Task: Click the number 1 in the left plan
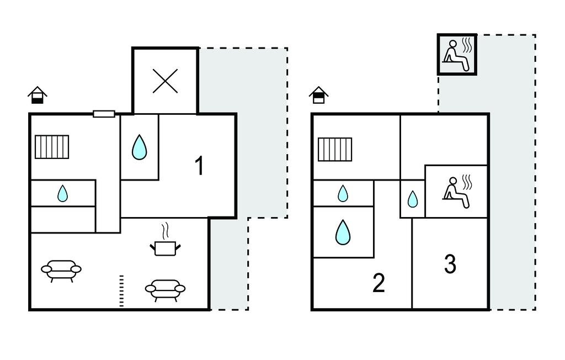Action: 200,166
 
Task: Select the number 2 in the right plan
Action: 379,283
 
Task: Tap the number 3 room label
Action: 450,264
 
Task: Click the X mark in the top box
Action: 165,81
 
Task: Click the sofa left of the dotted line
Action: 61,270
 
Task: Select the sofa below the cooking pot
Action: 165,289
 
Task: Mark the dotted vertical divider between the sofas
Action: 122,290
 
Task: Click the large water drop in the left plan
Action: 140,147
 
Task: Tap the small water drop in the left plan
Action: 63,193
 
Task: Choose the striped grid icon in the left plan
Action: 52,147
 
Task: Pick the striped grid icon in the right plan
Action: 335,149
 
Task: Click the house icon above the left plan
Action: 38,95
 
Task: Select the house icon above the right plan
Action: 318,95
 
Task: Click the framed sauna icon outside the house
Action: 457,54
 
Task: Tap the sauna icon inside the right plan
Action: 457,192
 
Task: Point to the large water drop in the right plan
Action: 343,232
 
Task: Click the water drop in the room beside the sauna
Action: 413,199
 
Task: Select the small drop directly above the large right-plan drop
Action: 343,193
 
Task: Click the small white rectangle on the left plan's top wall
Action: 104,114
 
